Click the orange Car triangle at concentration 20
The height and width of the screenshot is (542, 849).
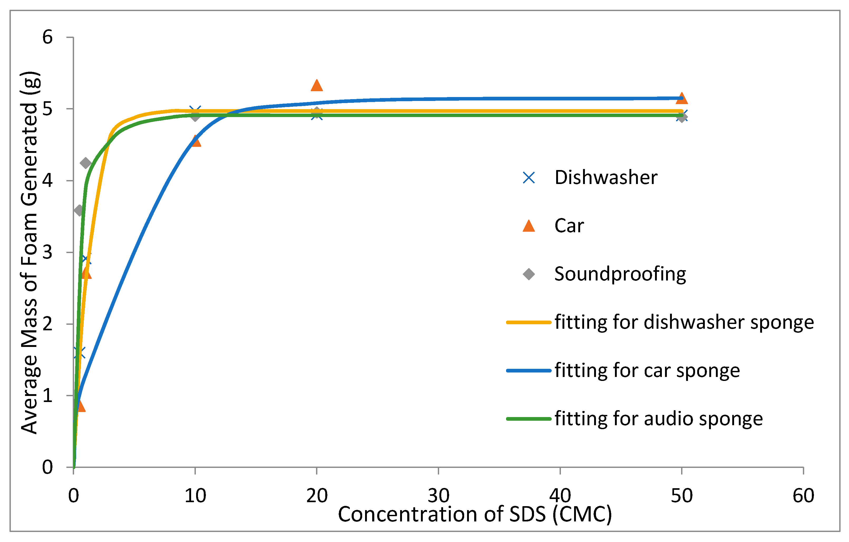point(317,86)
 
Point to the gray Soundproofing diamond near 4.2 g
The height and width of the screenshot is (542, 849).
point(86,163)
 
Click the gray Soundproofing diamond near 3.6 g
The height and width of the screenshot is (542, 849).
point(79,211)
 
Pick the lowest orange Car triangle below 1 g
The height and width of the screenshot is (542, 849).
point(80,406)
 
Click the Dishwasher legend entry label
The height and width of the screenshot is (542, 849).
point(606,177)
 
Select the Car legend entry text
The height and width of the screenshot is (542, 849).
point(569,226)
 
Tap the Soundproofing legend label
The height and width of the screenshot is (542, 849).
point(620,274)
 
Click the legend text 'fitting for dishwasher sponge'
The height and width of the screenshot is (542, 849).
point(684,322)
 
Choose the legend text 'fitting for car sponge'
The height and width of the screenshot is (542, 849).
point(647,371)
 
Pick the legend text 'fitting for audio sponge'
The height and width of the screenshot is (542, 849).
point(658,419)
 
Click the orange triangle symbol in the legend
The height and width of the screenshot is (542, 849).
point(528,226)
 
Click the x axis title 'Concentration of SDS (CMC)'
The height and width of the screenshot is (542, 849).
point(474,514)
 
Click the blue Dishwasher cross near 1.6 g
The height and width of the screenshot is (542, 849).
point(79,352)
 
